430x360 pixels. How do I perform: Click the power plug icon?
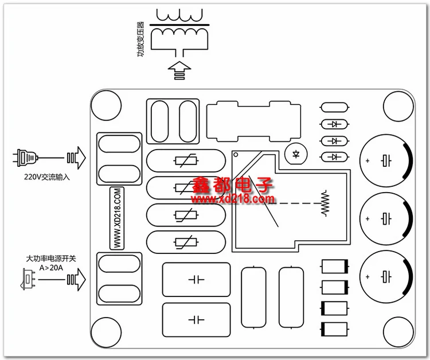click(25, 158)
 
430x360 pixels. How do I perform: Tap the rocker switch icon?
click(28, 280)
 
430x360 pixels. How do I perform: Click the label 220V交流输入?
click(46, 177)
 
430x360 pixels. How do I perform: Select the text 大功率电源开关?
click(50, 259)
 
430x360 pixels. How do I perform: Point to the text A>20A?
click(51, 268)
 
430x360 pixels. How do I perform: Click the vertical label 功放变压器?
click(140, 39)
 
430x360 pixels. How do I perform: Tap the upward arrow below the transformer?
click(179, 71)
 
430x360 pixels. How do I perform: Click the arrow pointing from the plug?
click(76, 158)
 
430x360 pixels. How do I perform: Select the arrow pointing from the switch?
click(76, 279)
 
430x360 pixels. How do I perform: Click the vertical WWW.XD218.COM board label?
click(117, 218)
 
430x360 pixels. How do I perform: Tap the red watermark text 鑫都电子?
click(232, 185)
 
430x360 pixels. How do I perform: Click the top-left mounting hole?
click(106, 105)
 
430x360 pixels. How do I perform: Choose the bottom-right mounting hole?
click(398, 332)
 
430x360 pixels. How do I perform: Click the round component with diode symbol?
click(296, 154)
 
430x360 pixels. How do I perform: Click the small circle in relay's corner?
click(236, 155)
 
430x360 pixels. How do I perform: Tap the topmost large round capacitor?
click(386, 161)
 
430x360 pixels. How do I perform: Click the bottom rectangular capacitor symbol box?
click(196, 320)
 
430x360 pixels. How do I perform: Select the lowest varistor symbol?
click(186, 242)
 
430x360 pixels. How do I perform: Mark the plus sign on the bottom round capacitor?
click(368, 277)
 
